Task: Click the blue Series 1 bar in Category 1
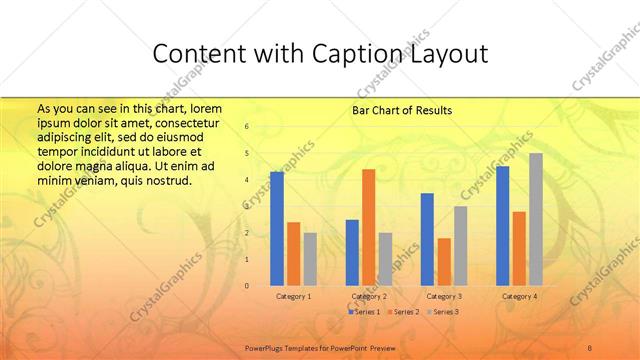(x=277, y=229)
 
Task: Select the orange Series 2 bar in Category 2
(x=368, y=227)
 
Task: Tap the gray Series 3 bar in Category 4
(x=535, y=219)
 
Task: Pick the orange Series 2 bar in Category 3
(x=444, y=262)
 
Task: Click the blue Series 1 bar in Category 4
(x=502, y=226)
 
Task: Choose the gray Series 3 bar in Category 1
(x=310, y=259)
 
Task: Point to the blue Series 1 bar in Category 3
(x=427, y=239)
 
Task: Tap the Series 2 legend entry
(x=402, y=312)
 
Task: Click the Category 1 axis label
(x=293, y=296)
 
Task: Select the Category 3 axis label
(x=443, y=296)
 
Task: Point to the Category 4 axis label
(x=518, y=296)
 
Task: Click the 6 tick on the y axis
(x=247, y=127)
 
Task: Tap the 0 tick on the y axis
(x=247, y=286)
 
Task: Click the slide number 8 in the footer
(x=590, y=345)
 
